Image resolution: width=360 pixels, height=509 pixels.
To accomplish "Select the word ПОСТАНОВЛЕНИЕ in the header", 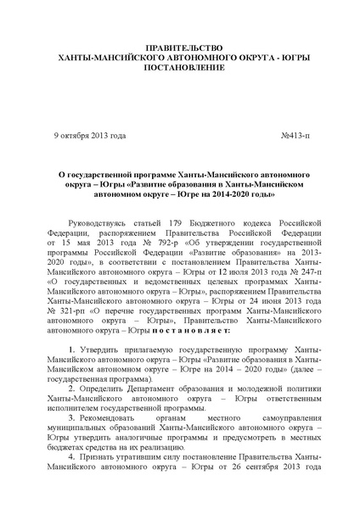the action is coord(180,67).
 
